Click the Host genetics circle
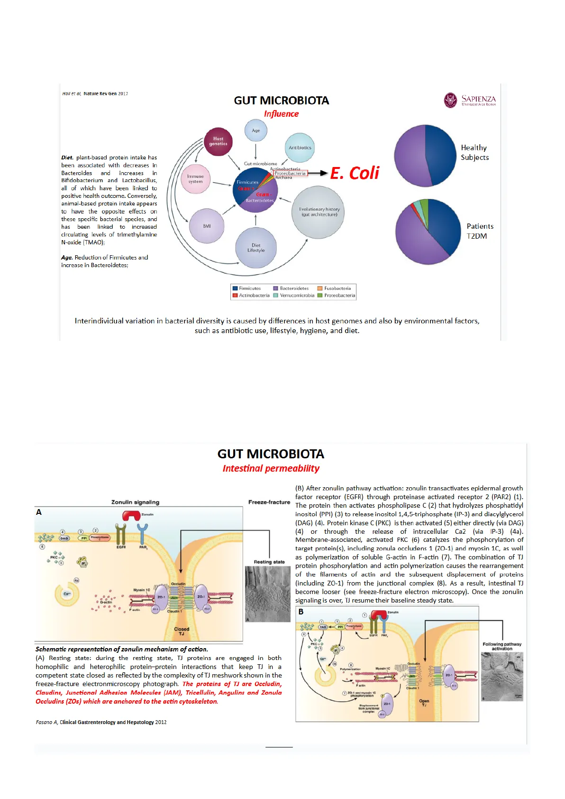[x=218, y=141]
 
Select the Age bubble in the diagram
[x=256, y=130]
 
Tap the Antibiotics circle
[x=300, y=148]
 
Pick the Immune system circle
[x=195, y=179]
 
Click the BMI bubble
[x=207, y=226]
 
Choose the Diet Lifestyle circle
[x=256, y=248]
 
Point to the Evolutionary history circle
[x=319, y=212]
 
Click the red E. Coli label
[x=355, y=173]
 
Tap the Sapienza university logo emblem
[x=450, y=101]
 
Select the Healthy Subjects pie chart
[x=425, y=156]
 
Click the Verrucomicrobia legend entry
[x=294, y=296]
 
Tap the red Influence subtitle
[x=281, y=114]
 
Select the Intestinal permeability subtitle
[x=271, y=469]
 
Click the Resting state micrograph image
[x=267, y=594]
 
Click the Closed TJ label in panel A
[x=182, y=632]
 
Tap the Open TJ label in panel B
[x=424, y=703]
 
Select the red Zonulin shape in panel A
[x=131, y=516]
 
